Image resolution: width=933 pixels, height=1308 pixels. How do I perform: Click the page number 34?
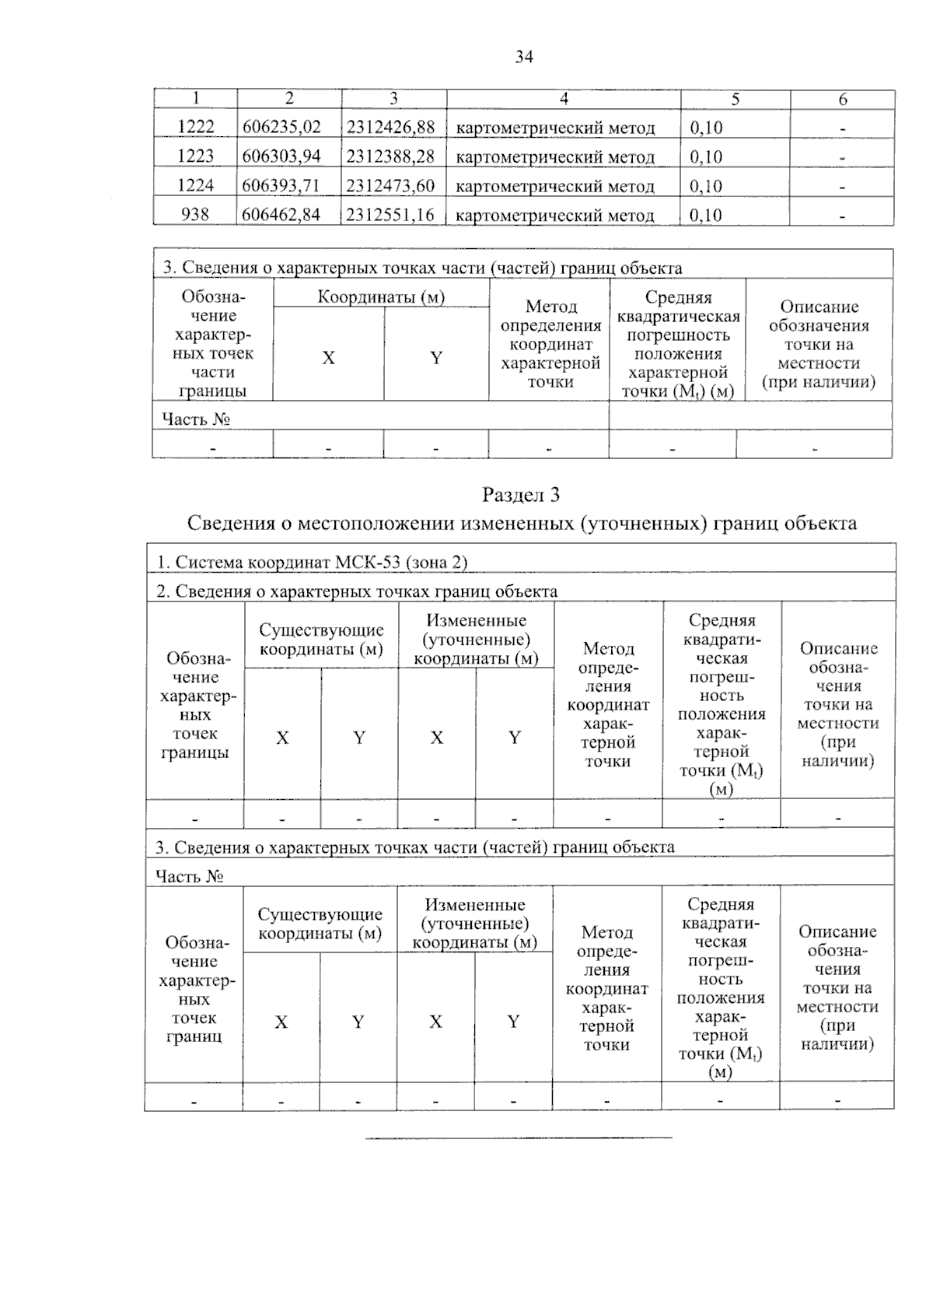pos(523,57)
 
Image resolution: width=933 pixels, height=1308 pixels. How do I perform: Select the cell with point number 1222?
pos(195,127)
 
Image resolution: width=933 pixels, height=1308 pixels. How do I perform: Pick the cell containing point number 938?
pos(194,214)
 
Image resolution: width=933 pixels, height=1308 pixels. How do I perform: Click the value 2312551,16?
pos(390,214)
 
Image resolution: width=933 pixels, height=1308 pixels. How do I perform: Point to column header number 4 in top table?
pos(564,99)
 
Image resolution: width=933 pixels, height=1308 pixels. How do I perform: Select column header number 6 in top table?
pos(842,99)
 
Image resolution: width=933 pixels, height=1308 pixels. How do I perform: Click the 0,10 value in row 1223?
pos(706,156)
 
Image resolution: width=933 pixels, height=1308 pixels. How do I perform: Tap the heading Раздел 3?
pos(521,495)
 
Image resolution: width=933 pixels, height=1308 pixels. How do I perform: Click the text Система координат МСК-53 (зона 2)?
pos(312,563)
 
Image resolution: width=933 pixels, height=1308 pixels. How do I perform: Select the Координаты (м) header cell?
pos(381,297)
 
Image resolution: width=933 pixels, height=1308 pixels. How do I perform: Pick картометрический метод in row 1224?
pos(554,186)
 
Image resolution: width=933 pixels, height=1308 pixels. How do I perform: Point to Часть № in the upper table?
pos(196,419)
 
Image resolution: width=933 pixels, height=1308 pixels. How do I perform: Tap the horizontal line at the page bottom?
pos(519,1138)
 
